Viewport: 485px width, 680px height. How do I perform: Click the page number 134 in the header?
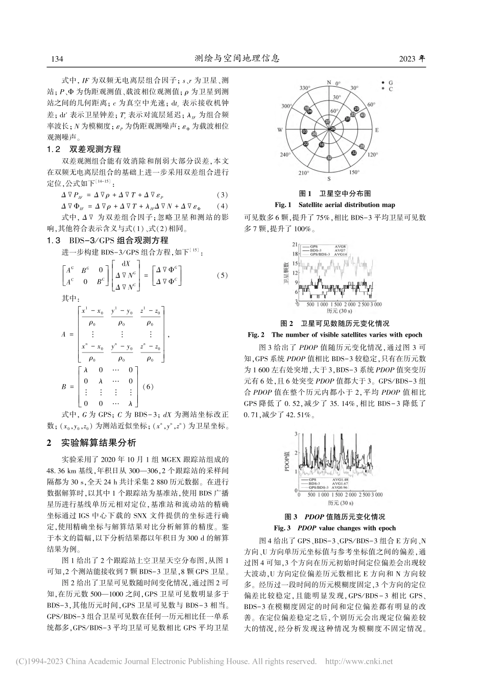click(x=56, y=59)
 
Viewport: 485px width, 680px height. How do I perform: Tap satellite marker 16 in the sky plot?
click(x=321, y=145)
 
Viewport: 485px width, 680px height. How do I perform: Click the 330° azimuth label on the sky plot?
click(x=304, y=88)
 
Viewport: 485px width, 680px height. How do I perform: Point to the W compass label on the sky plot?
click(x=280, y=131)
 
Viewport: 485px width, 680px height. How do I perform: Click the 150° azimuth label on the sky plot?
click(x=354, y=172)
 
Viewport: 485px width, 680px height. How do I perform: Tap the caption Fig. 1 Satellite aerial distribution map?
click(x=334, y=205)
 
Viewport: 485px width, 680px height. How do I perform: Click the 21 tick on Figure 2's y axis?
click(x=295, y=245)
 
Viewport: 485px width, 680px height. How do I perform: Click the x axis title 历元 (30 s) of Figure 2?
click(x=339, y=310)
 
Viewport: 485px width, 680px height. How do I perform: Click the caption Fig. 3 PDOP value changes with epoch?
click(x=334, y=527)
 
